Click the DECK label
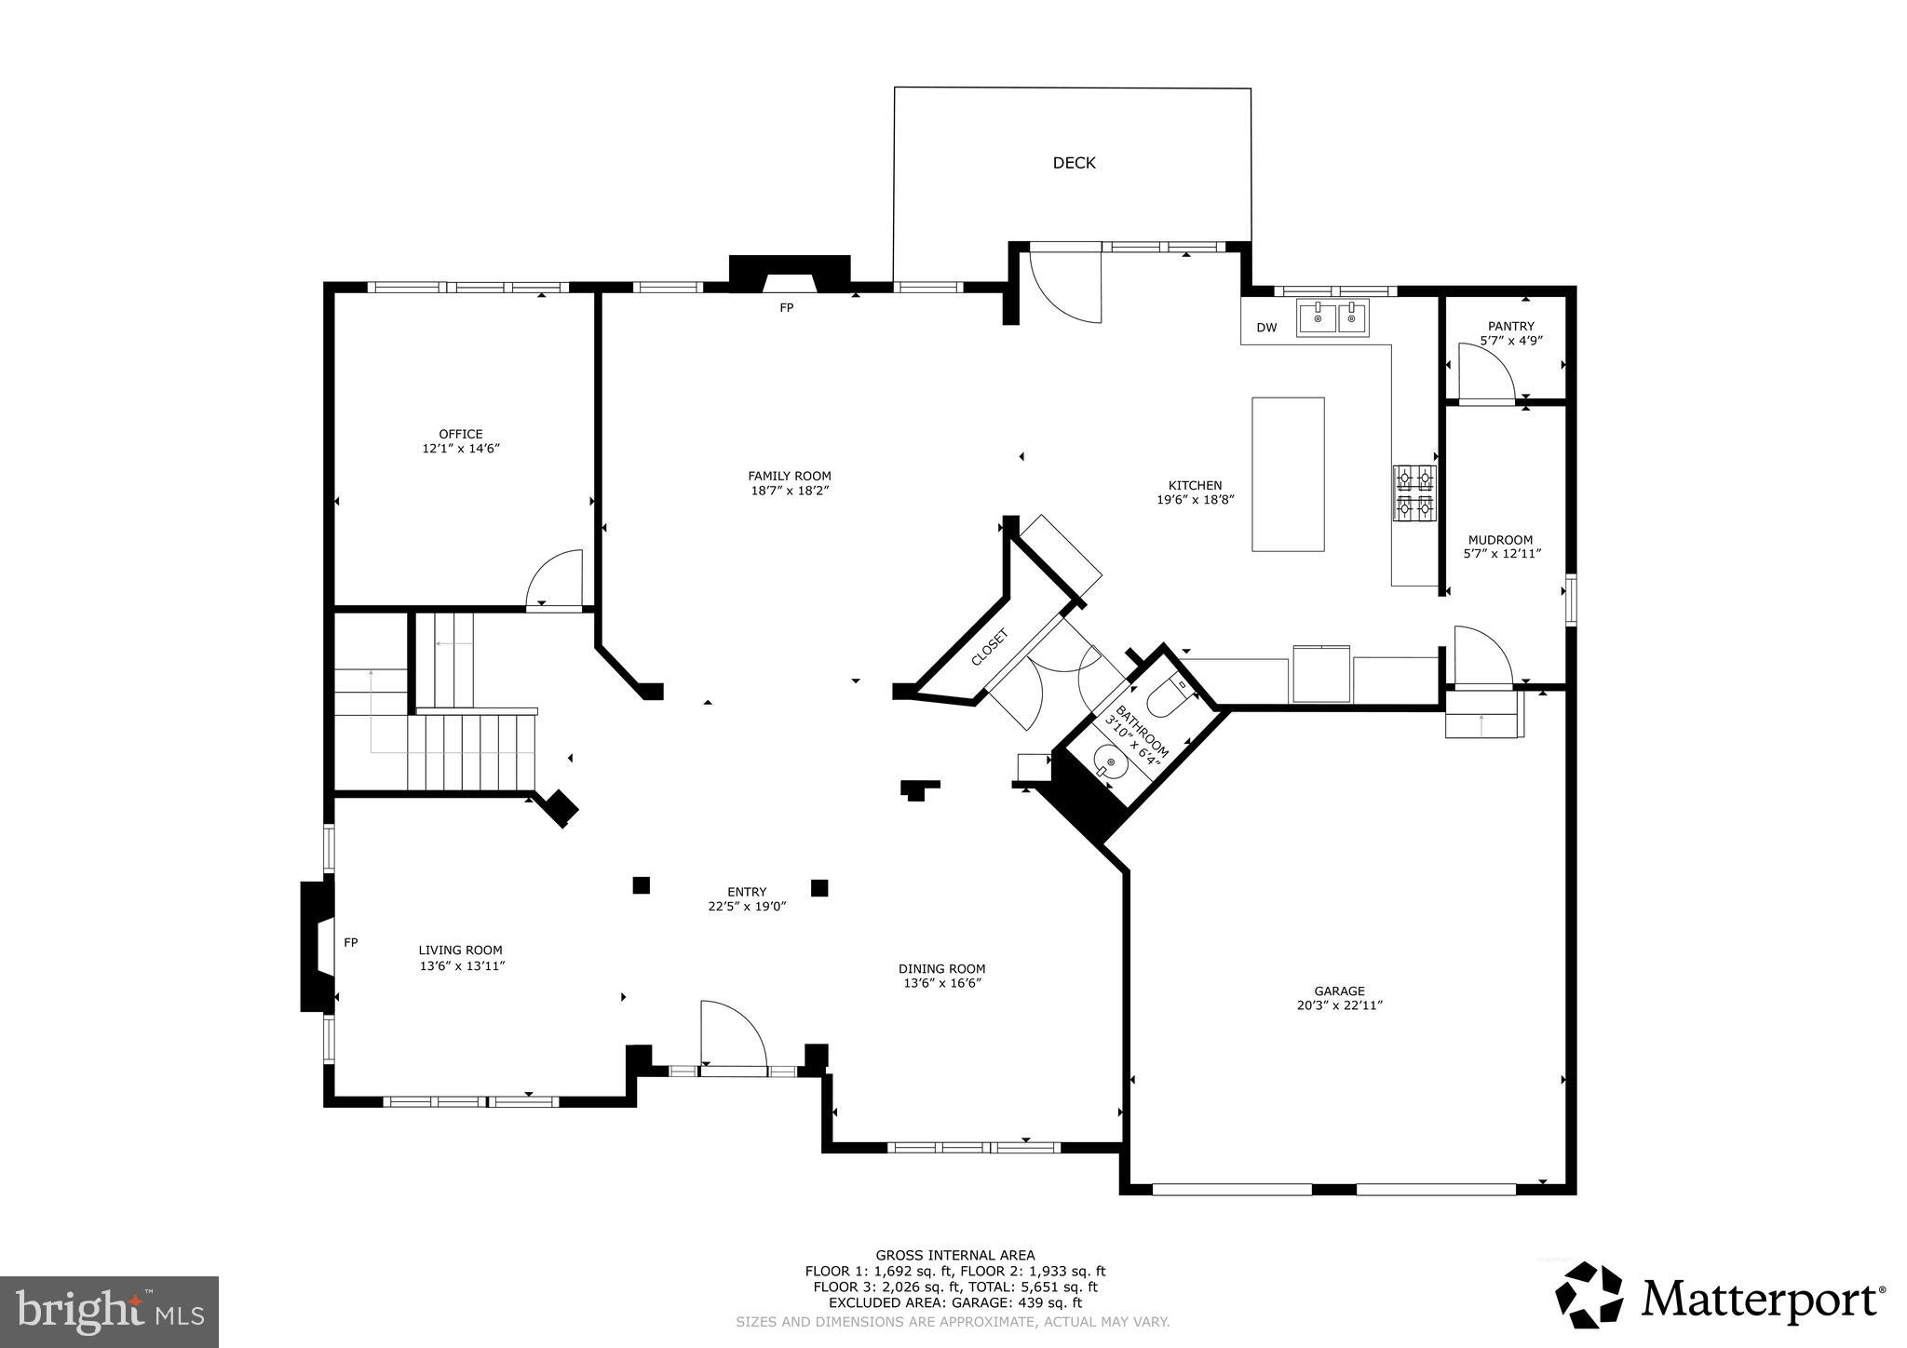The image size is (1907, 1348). point(1074,163)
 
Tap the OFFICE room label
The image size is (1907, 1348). point(461,434)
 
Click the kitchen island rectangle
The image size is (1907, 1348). point(1288,474)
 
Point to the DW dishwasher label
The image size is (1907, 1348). point(1266,328)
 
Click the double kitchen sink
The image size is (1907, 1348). point(1333,318)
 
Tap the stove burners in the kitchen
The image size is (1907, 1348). point(1413,493)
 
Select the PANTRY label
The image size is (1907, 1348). point(1510,326)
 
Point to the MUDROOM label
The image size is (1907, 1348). point(1500,540)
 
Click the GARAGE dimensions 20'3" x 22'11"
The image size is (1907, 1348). point(1339,1005)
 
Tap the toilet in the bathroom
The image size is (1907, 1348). point(1167,694)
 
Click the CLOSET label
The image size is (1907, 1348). point(989,647)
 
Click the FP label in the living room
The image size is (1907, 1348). point(351,943)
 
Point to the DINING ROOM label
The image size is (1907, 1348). point(941,968)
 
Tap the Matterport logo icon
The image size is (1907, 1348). point(1589,1295)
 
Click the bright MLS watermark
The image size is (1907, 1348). point(109,1312)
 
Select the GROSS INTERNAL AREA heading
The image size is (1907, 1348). point(954,1255)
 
